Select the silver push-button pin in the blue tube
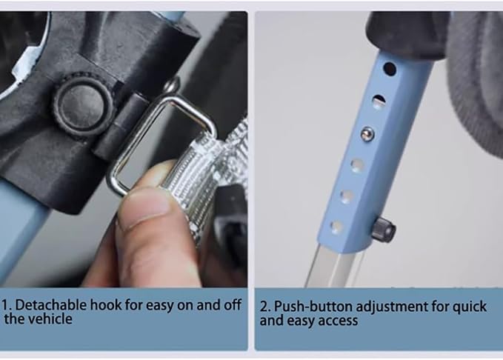pyautogui.click(x=367, y=133)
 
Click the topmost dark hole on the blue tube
pyautogui.click(x=389, y=69)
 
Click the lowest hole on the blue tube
pyautogui.click(x=336, y=227)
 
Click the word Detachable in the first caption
pyautogui.click(x=51, y=304)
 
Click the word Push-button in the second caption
pyautogui.click(x=313, y=307)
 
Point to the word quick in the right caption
pyautogui.click(x=470, y=307)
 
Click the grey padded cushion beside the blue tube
pyautogui.click(x=475, y=80)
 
